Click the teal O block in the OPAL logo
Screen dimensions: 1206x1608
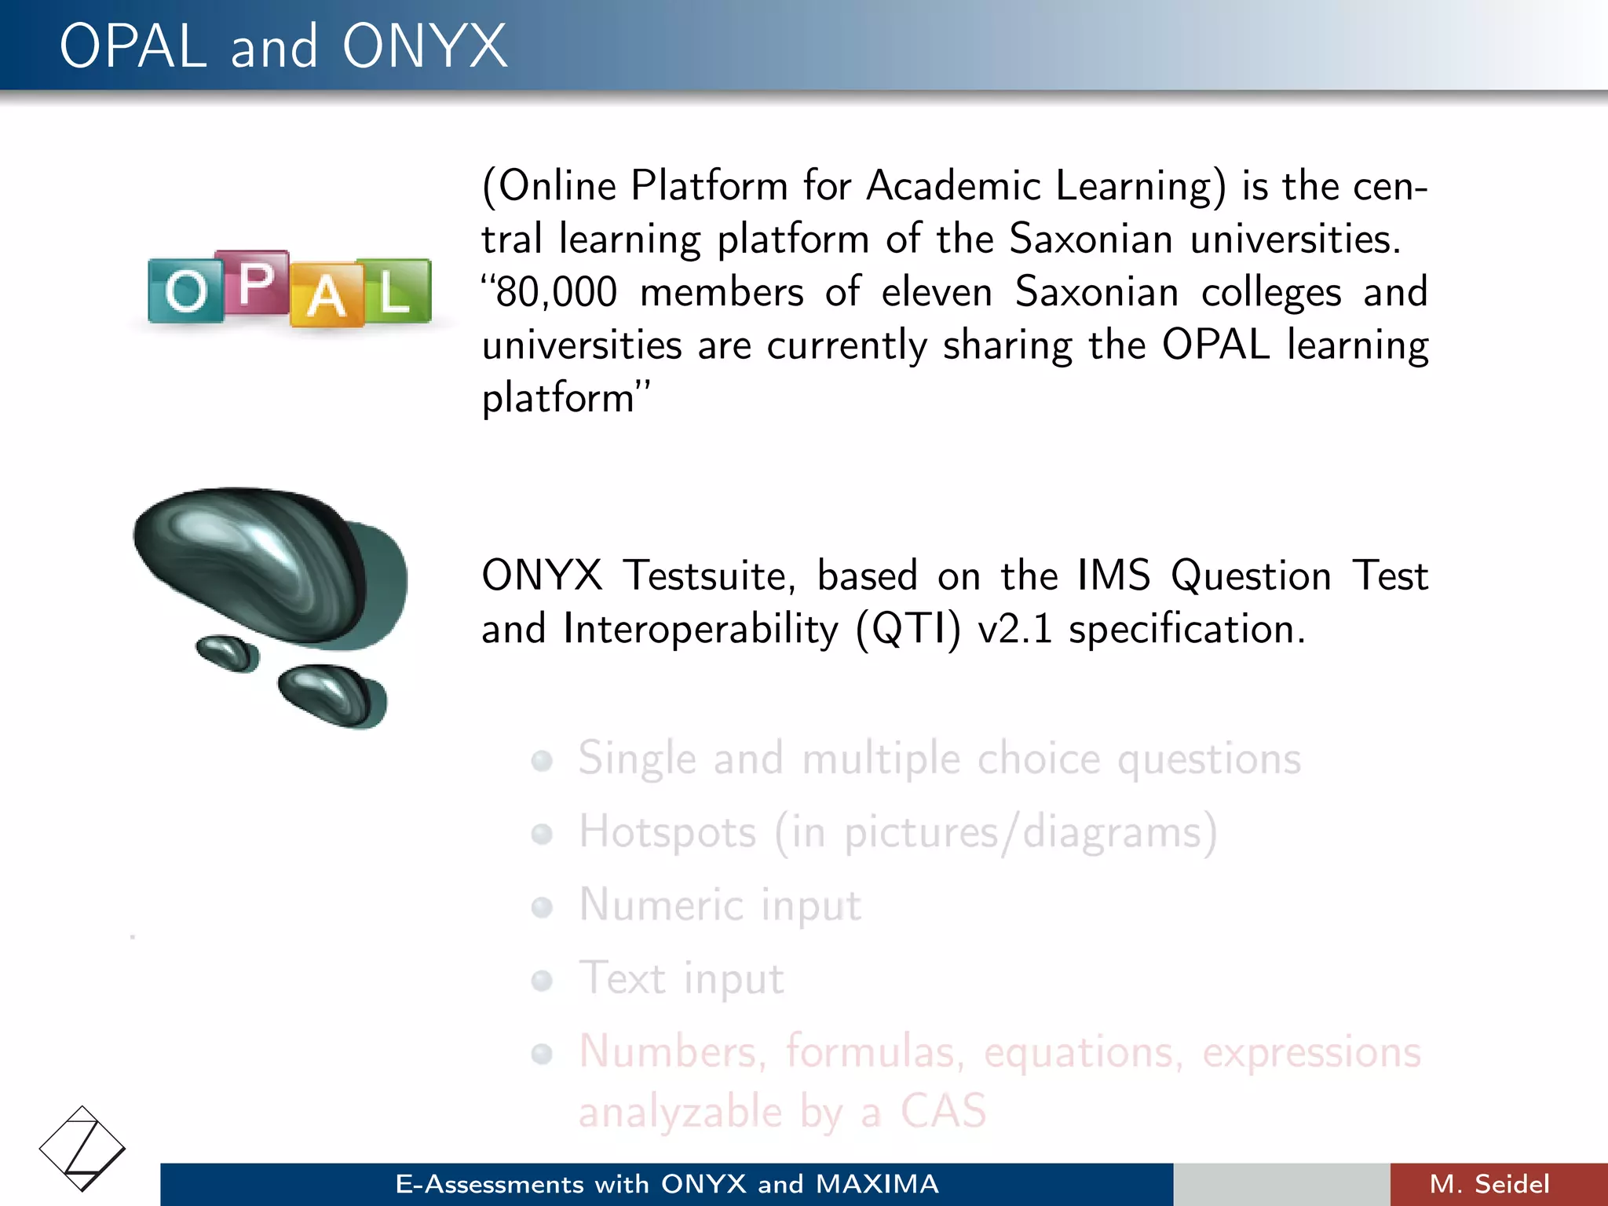click(185, 291)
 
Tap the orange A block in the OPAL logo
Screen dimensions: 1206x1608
click(325, 298)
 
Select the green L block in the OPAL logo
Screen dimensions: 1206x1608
click(394, 291)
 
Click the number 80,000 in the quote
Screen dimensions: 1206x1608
click(556, 292)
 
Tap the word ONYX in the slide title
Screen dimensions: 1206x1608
click(424, 46)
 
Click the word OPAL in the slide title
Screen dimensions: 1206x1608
click(133, 46)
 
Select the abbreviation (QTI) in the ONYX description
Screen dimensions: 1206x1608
click(908, 630)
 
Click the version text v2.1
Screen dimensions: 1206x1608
click(1014, 630)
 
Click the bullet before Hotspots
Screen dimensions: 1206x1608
click(542, 833)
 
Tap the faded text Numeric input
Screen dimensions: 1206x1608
click(720, 905)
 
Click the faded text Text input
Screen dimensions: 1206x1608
click(681, 978)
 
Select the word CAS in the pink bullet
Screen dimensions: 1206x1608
click(942, 1111)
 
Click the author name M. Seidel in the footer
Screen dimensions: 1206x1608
click(1489, 1184)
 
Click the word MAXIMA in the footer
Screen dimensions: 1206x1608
click(877, 1184)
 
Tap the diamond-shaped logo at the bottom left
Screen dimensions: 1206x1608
click(82, 1149)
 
